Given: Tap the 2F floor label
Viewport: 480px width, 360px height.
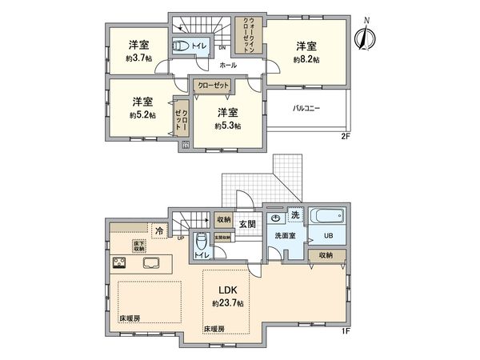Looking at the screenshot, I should [x=345, y=137].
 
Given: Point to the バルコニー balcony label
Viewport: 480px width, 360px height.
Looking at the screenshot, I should [x=306, y=107].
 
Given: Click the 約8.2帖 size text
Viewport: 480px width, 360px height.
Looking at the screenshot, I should [x=306, y=60].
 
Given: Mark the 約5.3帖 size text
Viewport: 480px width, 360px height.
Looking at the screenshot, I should [x=228, y=126].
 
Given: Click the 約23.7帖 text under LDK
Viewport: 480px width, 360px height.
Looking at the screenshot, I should [x=226, y=304].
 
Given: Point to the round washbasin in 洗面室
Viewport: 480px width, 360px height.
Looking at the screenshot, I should [x=276, y=217].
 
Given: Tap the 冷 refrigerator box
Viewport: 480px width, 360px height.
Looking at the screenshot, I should [x=158, y=230].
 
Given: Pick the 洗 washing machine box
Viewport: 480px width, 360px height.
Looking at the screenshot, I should [x=294, y=216].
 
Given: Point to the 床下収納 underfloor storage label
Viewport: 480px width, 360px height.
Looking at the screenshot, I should [x=139, y=245].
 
